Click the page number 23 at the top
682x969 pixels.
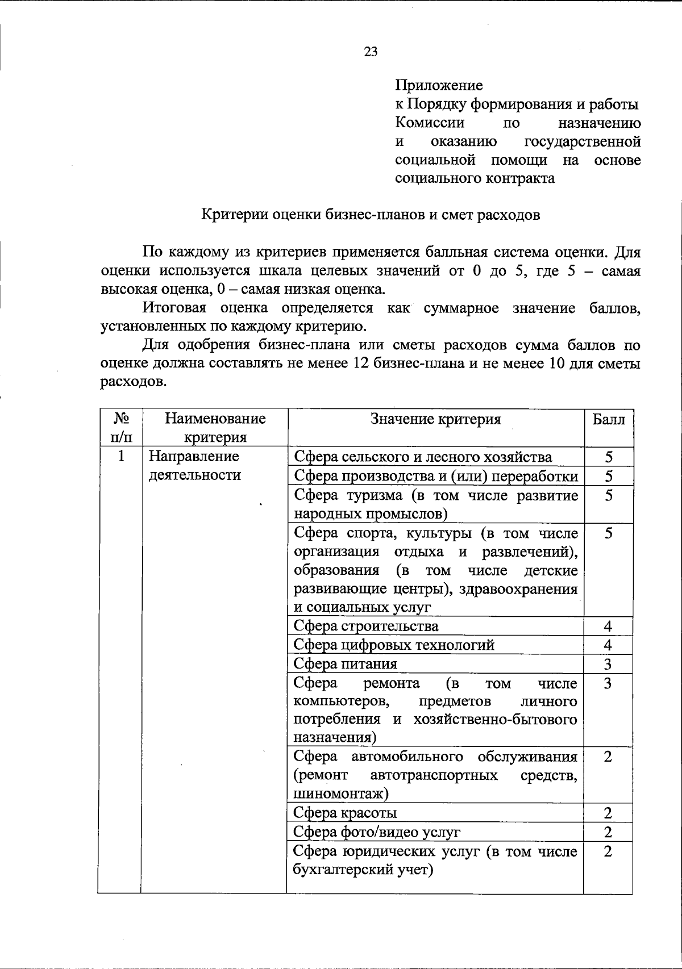(x=370, y=52)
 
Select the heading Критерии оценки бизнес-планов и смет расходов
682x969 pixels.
(x=371, y=215)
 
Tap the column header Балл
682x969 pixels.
(x=608, y=420)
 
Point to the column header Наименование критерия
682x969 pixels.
(x=215, y=428)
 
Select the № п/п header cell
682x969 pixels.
(x=120, y=428)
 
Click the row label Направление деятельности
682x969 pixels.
(x=194, y=465)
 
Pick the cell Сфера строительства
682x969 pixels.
(x=366, y=626)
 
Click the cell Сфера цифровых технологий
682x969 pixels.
(x=394, y=645)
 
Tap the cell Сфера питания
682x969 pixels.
(x=346, y=663)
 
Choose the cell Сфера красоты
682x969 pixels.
(x=345, y=813)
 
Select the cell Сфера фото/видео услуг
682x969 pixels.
(x=376, y=832)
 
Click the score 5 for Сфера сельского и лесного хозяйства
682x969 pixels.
(x=608, y=457)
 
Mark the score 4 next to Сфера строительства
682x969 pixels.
(x=608, y=626)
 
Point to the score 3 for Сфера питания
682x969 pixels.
(x=608, y=664)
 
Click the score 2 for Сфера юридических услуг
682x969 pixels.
(x=608, y=851)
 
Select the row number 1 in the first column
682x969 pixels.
(x=120, y=457)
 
